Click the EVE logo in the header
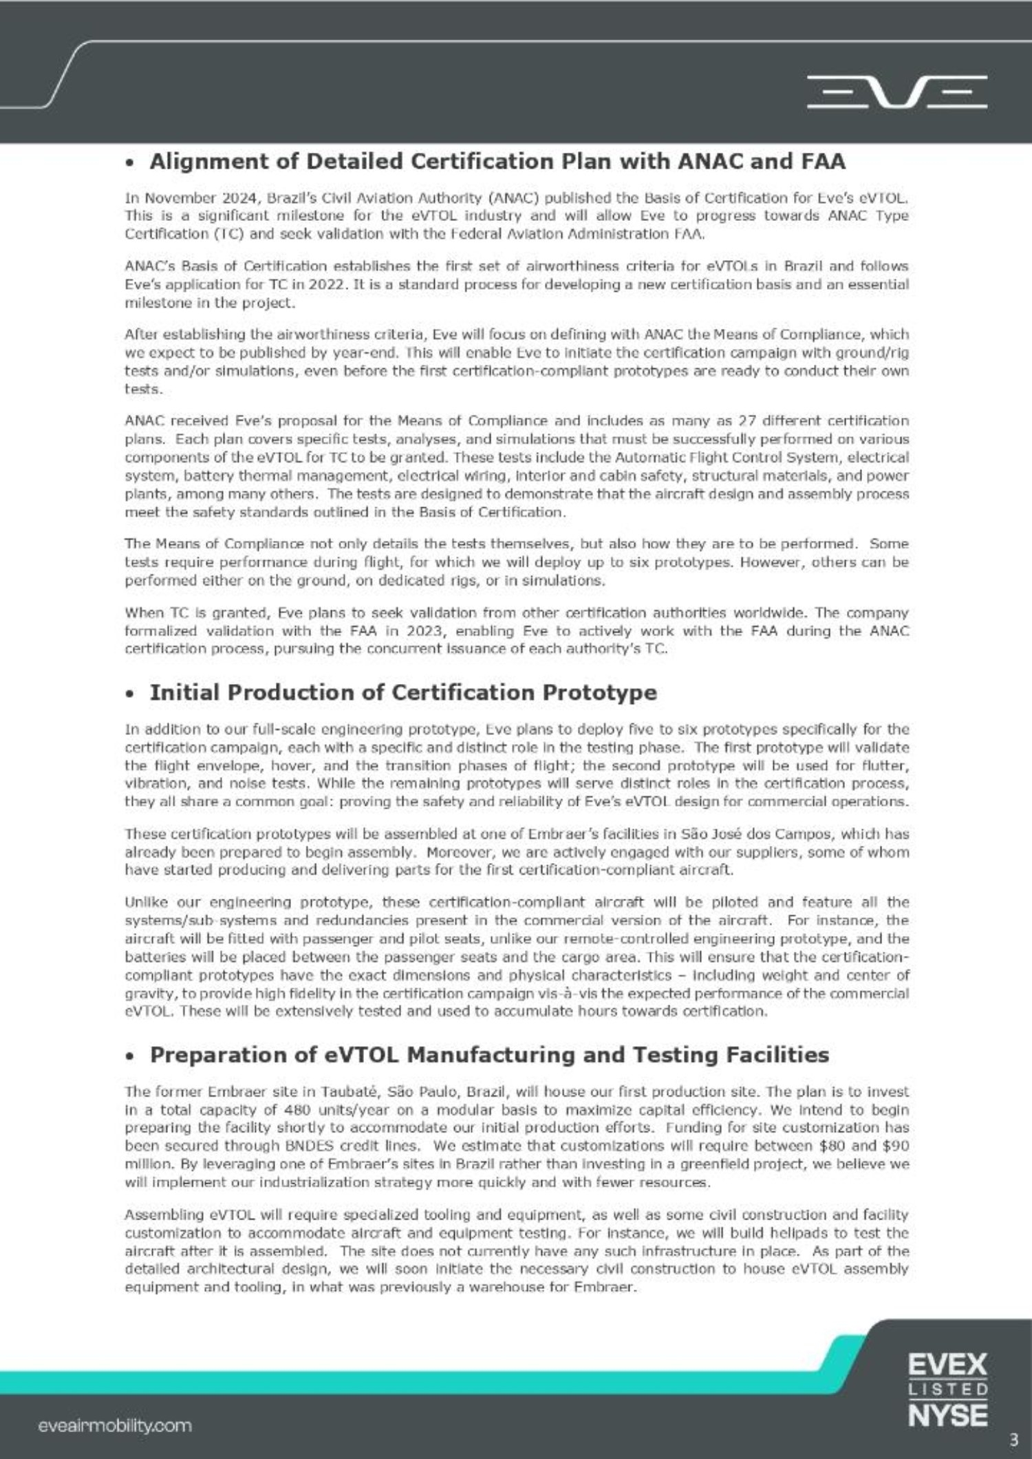[x=896, y=92]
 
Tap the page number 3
[x=1013, y=1439]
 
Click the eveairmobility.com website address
[x=115, y=1425]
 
